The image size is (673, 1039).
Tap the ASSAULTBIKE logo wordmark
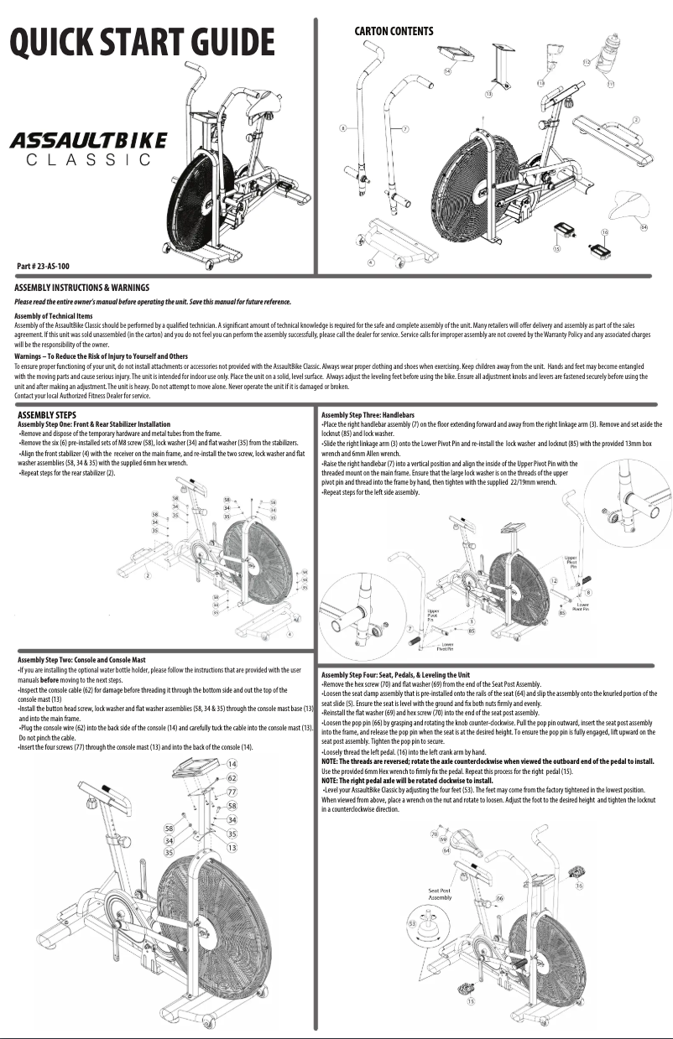[x=88, y=138]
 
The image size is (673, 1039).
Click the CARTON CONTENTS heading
[x=394, y=31]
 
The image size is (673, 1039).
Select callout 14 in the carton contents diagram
[x=447, y=72]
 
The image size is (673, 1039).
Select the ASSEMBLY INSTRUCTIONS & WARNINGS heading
[x=81, y=288]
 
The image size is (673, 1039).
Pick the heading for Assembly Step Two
[x=81, y=660]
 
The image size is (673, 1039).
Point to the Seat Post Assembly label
[x=440, y=893]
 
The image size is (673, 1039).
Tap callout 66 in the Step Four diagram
[x=500, y=897]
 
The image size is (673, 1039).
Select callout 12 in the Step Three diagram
[x=554, y=580]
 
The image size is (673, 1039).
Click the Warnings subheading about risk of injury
[x=89, y=356]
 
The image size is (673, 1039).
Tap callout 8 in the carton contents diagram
[x=342, y=128]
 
